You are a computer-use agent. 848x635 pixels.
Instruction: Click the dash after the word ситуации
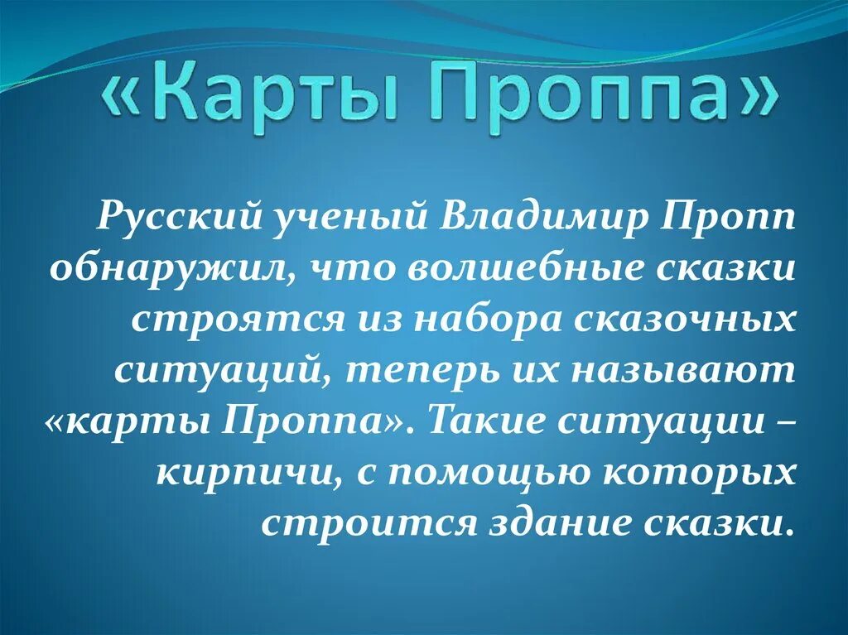coord(788,421)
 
